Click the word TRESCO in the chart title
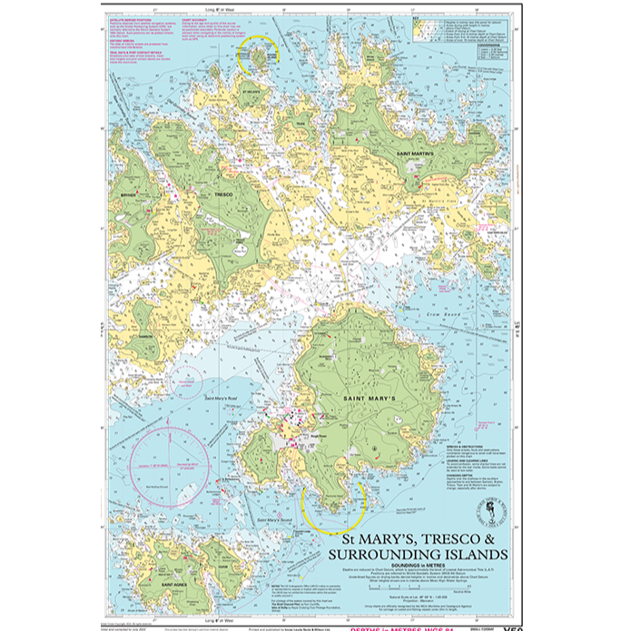[438, 540]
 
